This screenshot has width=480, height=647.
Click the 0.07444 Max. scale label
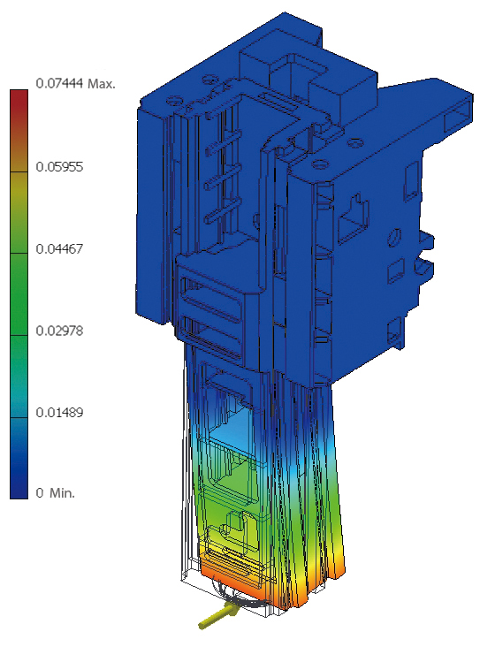click(x=75, y=84)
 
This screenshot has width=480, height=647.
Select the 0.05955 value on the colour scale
click(x=59, y=167)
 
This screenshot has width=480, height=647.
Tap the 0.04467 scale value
click(x=59, y=249)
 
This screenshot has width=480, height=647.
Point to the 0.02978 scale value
click(x=59, y=331)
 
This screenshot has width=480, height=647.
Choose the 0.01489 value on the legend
click(x=59, y=412)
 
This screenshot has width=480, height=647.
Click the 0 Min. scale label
click(x=56, y=492)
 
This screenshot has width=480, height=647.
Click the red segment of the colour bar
click(x=19, y=131)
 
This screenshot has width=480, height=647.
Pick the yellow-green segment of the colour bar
click(x=19, y=212)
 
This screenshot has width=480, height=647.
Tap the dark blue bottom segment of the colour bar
click(x=19, y=459)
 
